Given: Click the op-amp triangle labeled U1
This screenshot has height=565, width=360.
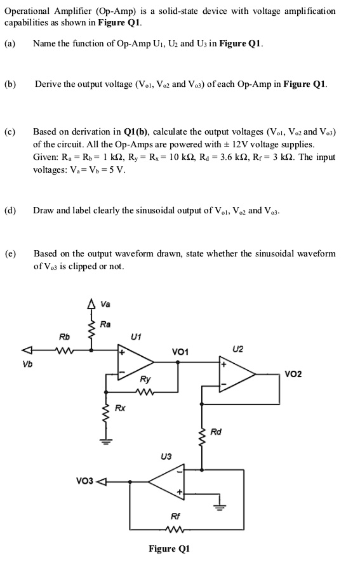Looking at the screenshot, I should [x=134, y=360].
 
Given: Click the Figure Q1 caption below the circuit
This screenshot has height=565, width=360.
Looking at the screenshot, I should [x=169, y=548].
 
